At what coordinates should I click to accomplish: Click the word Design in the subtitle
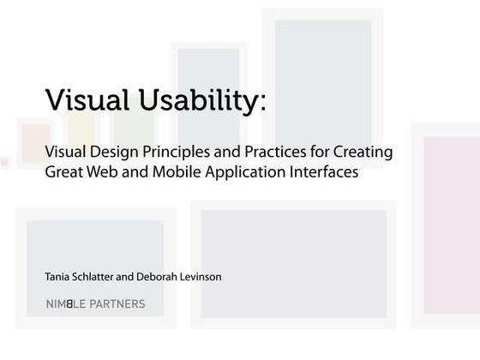(x=118, y=153)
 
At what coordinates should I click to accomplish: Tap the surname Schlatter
(x=105, y=277)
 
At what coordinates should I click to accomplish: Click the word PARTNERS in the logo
(x=116, y=303)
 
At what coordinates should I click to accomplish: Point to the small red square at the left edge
(x=3, y=161)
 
